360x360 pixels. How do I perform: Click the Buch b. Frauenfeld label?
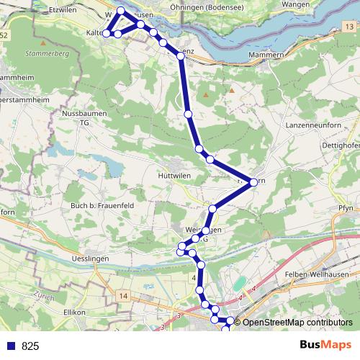coord(99,206)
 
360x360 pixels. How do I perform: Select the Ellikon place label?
coord(75,312)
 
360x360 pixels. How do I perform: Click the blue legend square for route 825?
coord(10,346)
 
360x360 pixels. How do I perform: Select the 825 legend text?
coord(30,346)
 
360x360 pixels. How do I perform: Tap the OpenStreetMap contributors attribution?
coord(297,323)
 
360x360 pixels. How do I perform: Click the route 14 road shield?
coord(123,296)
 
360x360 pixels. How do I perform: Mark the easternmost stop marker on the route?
coord(253,182)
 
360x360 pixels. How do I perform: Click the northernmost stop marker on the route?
coord(121,11)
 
